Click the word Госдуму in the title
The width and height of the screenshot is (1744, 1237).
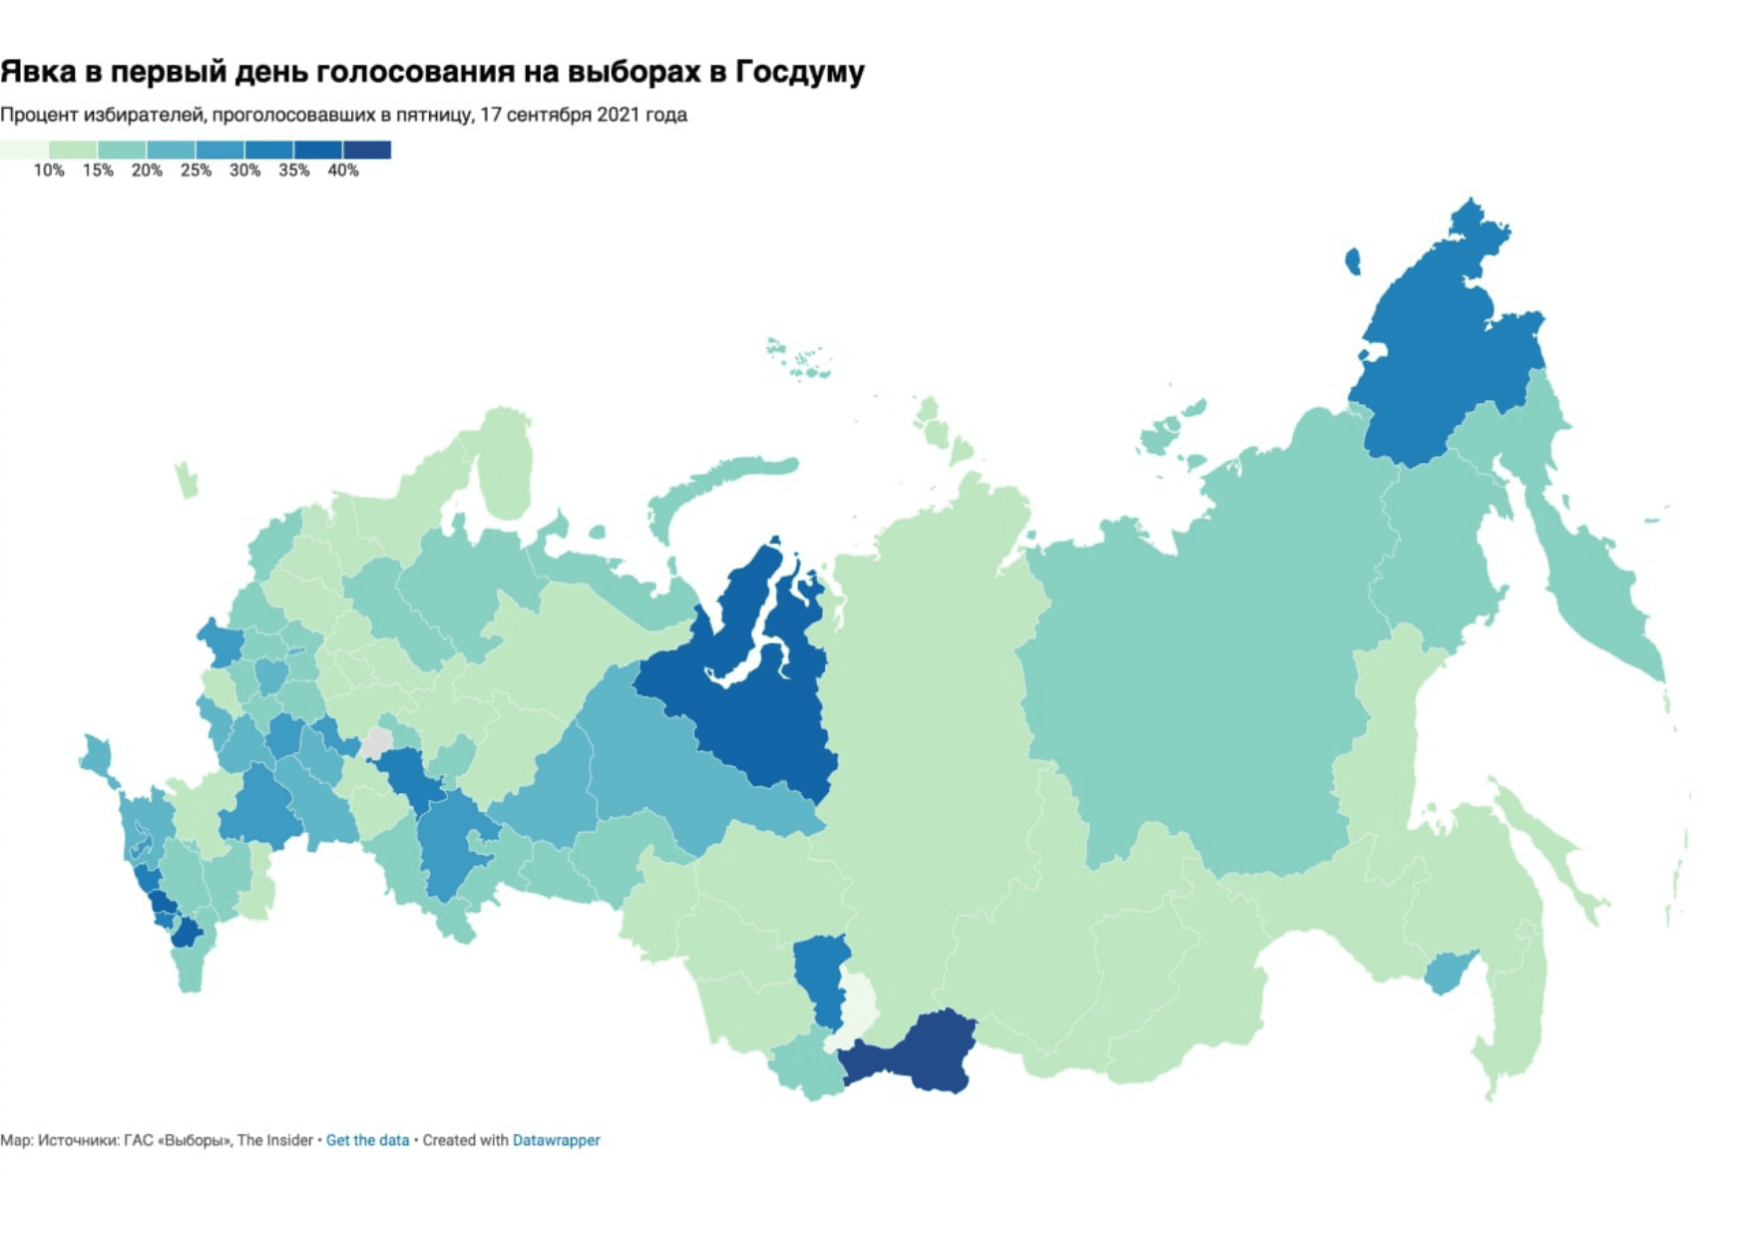[799, 72]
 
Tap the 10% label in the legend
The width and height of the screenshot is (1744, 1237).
[48, 171]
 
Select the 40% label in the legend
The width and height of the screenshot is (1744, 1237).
[342, 171]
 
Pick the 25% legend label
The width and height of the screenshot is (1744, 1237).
[196, 171]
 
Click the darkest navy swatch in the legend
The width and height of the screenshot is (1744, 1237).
[367, 150]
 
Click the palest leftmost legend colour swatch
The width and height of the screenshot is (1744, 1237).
[24, 150]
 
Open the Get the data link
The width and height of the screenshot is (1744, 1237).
[367, 1140]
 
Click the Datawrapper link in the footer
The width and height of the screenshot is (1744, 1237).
[556, 1140]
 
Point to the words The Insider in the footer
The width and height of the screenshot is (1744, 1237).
[274, 1140]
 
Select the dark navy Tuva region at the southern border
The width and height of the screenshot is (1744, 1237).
[913, 1055]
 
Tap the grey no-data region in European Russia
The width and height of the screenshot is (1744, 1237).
[377, 743]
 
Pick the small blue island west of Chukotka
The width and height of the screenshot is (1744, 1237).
[1353, 261]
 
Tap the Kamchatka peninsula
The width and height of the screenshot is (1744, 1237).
[1596, 589]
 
